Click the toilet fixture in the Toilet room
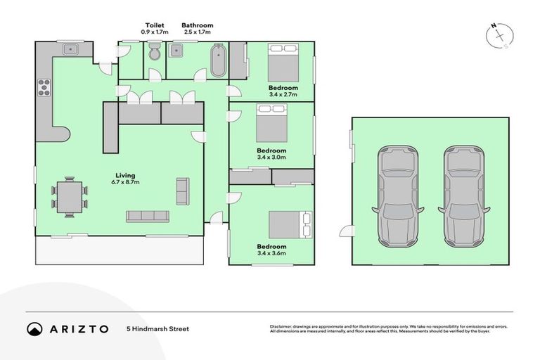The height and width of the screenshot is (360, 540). pos(155,53)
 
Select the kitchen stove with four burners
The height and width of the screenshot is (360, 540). pos(44,88)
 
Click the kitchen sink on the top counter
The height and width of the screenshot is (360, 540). pos(70,49)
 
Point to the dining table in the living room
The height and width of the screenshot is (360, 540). pos(70,196)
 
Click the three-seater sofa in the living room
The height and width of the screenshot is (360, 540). pos(147,216)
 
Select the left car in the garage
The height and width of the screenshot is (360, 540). pos(399,196)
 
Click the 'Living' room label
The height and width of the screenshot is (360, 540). pos(126,175)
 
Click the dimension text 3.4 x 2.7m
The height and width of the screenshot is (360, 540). pos(283,94)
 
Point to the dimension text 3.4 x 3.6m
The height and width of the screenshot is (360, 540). pos(271,253)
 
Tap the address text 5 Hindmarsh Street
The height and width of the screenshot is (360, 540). pos(157,328)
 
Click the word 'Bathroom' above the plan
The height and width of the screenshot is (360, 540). pos(197,25)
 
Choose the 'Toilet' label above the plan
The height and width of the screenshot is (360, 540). pos(154,25)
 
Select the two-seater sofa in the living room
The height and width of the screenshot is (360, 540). pos(182,191)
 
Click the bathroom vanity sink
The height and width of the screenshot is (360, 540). pos(176,49)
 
